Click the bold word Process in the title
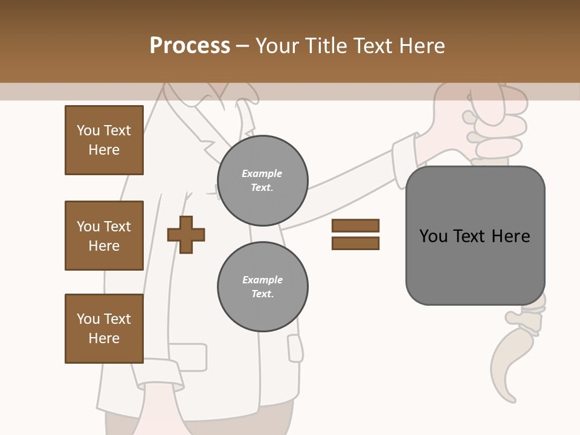coord(190,45)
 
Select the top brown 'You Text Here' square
coord(104,140)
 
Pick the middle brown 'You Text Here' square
coord(104,236)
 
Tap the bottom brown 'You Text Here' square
coord(104,329)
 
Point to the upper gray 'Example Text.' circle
coord(263,181)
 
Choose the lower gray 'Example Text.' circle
coord(263,287)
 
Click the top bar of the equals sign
coord(355,225)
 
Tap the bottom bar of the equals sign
coord(355,243)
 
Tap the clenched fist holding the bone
coord(492,127)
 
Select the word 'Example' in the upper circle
coord(262,173)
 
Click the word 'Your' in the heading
coord(278,45)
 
